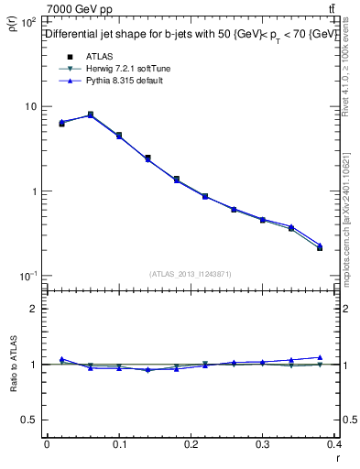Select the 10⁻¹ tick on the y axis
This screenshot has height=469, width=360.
pos(29,277)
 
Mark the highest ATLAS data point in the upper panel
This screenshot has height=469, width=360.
pos(90,115)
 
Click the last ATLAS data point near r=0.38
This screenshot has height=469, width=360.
pos(320,247)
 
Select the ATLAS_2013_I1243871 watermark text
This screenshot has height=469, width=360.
pos(191,274)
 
